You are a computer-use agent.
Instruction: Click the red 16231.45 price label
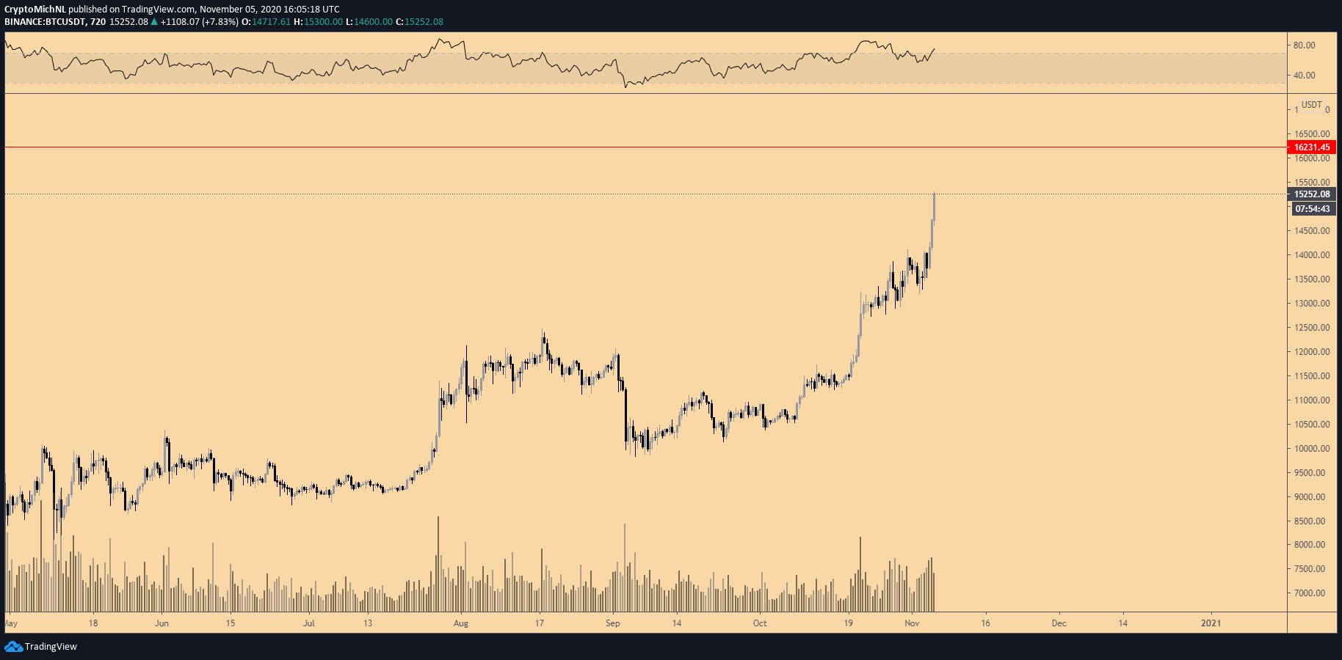1311,147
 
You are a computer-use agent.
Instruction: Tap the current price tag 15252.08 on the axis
1311,194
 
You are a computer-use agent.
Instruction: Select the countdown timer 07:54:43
1312,209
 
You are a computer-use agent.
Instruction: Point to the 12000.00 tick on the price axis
1312,352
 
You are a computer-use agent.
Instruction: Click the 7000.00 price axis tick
1310,593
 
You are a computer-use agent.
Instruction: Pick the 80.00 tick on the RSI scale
1304,45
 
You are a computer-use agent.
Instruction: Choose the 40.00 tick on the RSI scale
1304,76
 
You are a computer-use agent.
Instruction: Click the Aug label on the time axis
461,623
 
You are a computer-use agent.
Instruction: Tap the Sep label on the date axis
612,623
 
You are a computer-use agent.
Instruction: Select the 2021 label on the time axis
1211,623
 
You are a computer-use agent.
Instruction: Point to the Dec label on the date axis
1059,623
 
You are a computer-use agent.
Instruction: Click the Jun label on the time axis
162,623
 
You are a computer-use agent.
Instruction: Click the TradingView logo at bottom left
41,647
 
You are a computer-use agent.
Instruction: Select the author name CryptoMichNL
35,10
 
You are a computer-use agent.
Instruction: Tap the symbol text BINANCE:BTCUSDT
44,22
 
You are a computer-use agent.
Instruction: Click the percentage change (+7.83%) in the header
220,22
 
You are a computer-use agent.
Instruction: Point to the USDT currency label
1311,105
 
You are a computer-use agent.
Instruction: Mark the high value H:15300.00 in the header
318,22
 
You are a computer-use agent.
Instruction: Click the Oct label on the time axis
760,623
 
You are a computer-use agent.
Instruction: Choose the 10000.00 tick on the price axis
1312,449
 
